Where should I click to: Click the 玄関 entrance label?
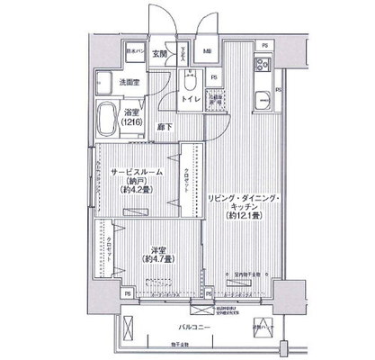coord(157,53)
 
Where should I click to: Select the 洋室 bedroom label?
coord(160,252)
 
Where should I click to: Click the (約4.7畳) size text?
coord(160,263)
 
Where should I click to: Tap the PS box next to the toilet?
coord(213,77)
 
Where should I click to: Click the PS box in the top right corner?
coord(263,45)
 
